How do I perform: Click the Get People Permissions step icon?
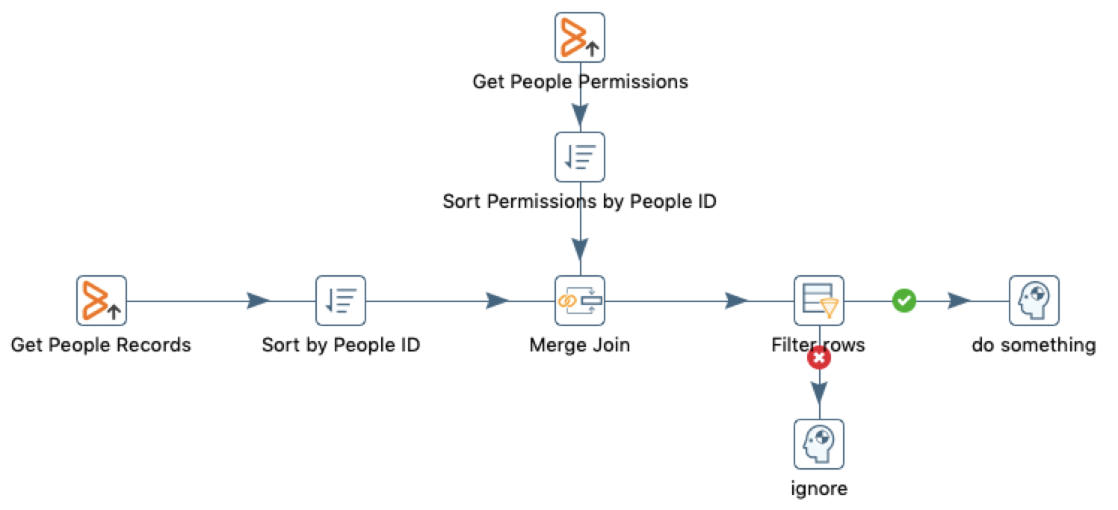coord(579,37)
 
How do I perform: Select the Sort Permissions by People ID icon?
coord(579,157)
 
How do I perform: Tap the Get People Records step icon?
coord(101,301)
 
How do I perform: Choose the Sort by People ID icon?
coord(340,301)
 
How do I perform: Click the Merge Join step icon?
coord(579,301)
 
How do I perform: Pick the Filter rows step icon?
coord(818,301)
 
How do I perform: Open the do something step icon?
coord(1034,301)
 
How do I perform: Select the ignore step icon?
coord(818,444)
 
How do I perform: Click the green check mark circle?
coord(904,301)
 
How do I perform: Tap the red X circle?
coord(819,359)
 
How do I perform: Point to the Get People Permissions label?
coord(580,81)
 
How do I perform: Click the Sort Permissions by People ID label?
coord(579,201)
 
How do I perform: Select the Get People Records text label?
coord(101,345)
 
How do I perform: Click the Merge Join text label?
coord(579,345)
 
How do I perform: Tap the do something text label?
coord(1034,345)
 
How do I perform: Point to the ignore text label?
coord(819,489)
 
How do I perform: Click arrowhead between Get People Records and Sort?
coord(258,301)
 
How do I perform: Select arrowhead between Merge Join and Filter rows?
coord(736,301)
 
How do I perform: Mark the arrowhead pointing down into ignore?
coord(819,392)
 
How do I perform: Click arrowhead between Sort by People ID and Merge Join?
coord(497,301)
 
